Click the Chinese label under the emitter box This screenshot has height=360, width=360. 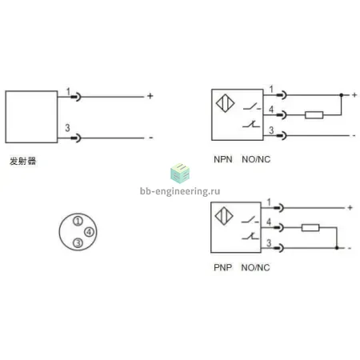(x=22, y=161)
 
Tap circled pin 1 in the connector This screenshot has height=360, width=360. (x=78, y=221)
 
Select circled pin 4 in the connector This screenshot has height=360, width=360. (x=89, y=232)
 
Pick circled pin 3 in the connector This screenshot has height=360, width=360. (x=78, y=243)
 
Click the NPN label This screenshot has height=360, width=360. (x=223, y=159)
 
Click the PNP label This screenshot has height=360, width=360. (x=222, y=267)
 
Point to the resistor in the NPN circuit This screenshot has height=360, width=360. (x=314, y=115)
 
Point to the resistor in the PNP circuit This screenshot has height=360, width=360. (x=310, y=227)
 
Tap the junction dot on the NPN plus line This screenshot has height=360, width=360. (x=341, y=95)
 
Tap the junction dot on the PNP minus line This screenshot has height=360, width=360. (x=337, y=248)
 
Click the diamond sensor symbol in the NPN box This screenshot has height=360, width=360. (x=225, y=103)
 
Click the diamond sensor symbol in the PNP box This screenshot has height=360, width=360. (x=224, y=216)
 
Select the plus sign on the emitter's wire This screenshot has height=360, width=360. (x=150, y=96)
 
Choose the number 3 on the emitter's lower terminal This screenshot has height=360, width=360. (x=67, y=128)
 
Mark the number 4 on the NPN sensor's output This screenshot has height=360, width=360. (x=271, y=110)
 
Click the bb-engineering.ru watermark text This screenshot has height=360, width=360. (x=180, y=191)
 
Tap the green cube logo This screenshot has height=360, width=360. (x=180, y=174)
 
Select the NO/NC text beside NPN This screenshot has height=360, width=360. (x=256, y=159)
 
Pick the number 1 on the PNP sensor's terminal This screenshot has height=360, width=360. (x=269, y=202)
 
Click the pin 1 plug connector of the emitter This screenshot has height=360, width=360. (x=76, y=97)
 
